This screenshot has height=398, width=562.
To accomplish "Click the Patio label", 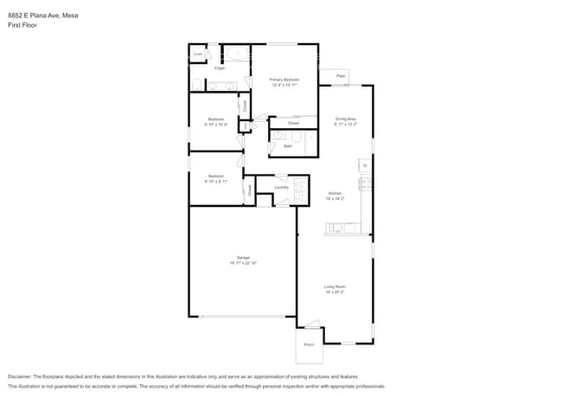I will pyautogui.click(x=341, y=76).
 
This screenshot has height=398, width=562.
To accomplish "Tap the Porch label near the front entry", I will pyautogui.click(x=310, y=345).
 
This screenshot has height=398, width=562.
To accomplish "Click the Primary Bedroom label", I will pyautogui.click(x=284, y=80).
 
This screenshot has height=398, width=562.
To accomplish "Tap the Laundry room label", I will pyautogui.click(x=281, y=187).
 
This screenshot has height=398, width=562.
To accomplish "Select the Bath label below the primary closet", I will pyautogui.click(x=288, y=145).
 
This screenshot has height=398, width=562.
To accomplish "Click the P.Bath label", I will pyautogui.click(x=220, y=67).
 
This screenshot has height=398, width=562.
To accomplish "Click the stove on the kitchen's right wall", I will pyautogui.click(x=367, y=183).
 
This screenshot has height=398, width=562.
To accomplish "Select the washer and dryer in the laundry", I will pyautogui.click(x=300, y=189).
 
